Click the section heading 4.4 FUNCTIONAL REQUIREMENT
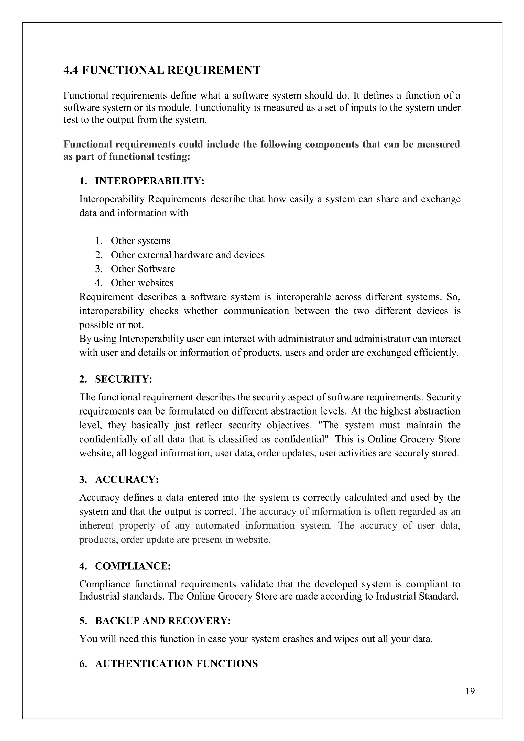(162, 70)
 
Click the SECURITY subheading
(123, 379)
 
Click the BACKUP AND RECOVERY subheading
(163, 621)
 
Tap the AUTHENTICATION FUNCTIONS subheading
(176, 664)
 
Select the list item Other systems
(140, 241)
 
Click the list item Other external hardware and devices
(188, 255)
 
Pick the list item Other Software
(143, 269)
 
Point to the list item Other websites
(142, 283)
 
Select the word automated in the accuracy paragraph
(217, 525)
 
